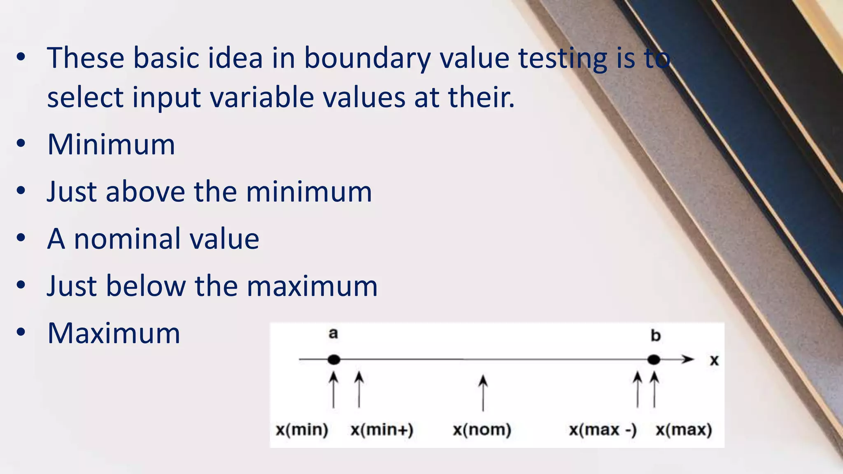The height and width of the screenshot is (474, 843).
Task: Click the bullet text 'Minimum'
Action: (x=111, y=145)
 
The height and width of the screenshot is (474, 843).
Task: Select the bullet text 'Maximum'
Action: (x=114, y=333)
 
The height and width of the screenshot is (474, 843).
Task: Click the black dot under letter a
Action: (x=334, y=360)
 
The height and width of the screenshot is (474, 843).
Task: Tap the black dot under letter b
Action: (x=654, y=360)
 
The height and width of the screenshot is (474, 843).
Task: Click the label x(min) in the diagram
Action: (x=302, y=430)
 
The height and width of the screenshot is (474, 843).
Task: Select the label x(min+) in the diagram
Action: (x=382, y=430)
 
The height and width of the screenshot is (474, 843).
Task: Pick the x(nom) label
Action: (x=482, y=430)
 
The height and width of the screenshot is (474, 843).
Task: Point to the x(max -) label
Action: (x=603, y=430)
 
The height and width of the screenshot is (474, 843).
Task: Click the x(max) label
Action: (x=684, y=430)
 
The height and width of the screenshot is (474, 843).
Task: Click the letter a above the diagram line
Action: (x=333, y=334)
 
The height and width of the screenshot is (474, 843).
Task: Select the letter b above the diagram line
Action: (x=655, y=336)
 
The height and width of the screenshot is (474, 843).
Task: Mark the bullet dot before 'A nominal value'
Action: (x=21, y=238)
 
